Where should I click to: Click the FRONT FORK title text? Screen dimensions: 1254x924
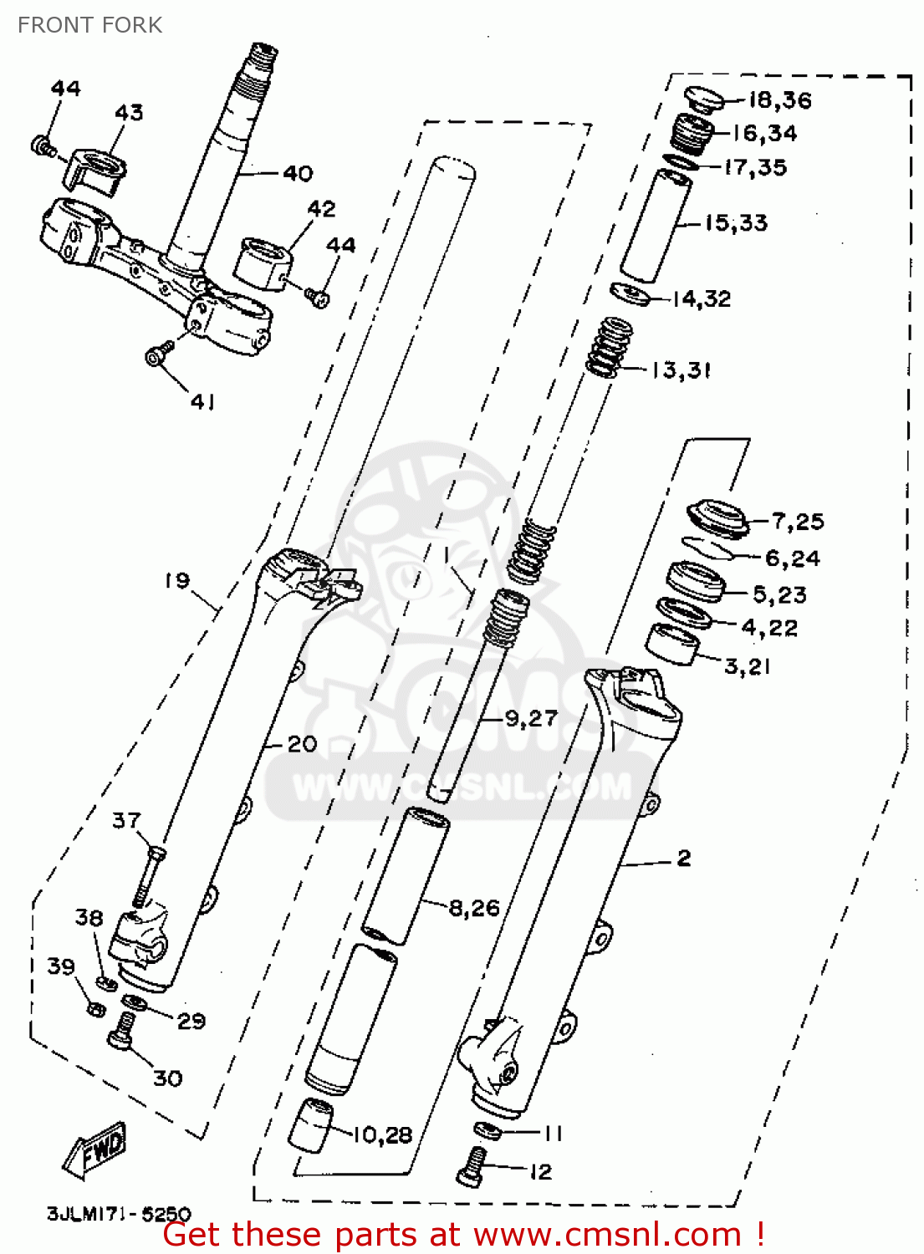(90, 25)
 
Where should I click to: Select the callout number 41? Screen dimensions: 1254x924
(202, 402)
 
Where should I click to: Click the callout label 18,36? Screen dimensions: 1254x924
(779, 100)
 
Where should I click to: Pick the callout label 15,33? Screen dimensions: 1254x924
(736, 223)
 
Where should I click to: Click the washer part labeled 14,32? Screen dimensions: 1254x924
(630, 294)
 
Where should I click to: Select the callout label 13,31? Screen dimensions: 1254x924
(682, 370)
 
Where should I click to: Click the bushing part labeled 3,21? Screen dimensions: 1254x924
(673, 643)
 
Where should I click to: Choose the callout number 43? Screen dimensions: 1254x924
(129, 112)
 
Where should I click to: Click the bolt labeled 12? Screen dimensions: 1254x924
(472, 1166)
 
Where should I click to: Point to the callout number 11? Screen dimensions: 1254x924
(553, 1134)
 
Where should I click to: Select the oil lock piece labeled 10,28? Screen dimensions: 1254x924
(311, 1124)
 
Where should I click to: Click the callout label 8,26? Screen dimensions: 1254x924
(474, 908)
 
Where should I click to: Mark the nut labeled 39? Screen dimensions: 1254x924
(95, 1008)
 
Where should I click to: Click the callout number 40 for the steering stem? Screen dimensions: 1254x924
(298, 173)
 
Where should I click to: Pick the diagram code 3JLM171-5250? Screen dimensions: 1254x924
(119, 1213)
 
